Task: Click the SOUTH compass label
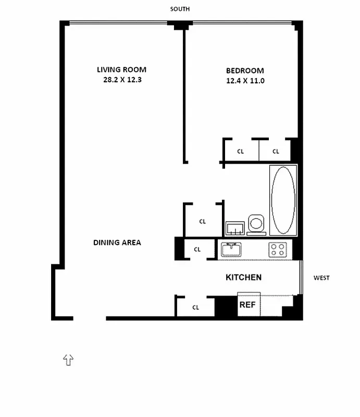180,9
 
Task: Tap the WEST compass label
321,278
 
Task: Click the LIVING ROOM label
121,70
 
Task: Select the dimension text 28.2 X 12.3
122,80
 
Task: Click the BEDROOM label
245,71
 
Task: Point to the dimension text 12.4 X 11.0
245,81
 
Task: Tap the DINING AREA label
117,242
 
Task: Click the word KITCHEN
243,277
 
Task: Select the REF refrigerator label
247,305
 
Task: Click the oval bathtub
283,200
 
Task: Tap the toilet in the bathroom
256,225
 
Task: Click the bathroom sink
235,228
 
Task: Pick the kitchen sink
231,250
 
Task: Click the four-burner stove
278,250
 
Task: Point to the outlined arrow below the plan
68,360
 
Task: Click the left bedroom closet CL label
240,151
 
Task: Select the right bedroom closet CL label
276,151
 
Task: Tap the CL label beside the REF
196,308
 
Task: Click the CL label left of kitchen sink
197,250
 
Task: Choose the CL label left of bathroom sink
203,222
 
